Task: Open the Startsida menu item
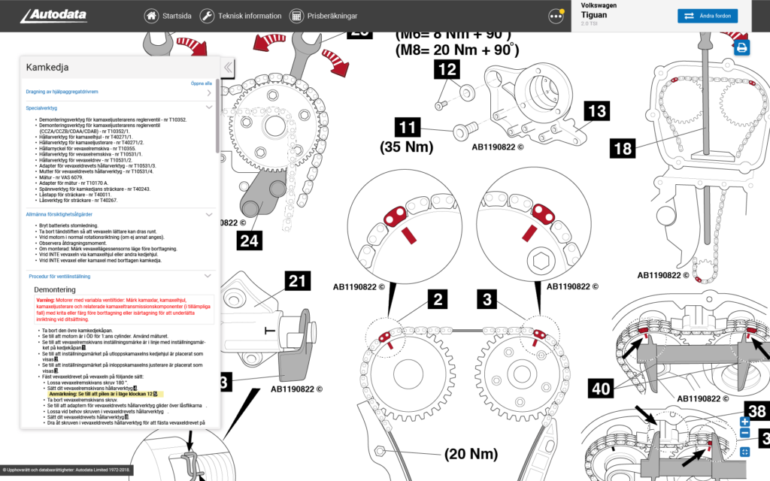[x=168, y=16]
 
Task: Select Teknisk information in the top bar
[x=241, y=16]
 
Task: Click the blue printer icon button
[x=742, y=48]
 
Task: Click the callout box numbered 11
[x=409, y=127]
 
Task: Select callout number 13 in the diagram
[x=596, y=112]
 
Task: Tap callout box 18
[x=622, y=148]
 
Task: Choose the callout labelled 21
[x=298, y=282]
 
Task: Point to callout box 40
[x=601, y=389]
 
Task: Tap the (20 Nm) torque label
[x=471, y=454]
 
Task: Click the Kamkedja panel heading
[x=47, y=67]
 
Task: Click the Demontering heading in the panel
[x=55, y=289]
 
